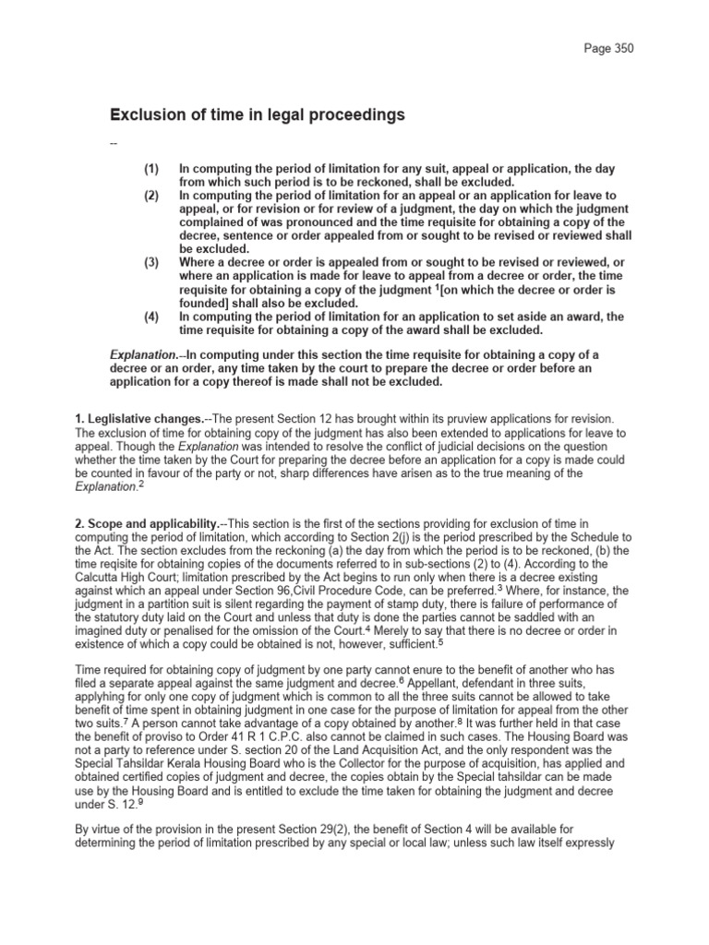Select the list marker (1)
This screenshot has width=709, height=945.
point(151,169)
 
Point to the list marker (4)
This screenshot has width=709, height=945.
point(151,317)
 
